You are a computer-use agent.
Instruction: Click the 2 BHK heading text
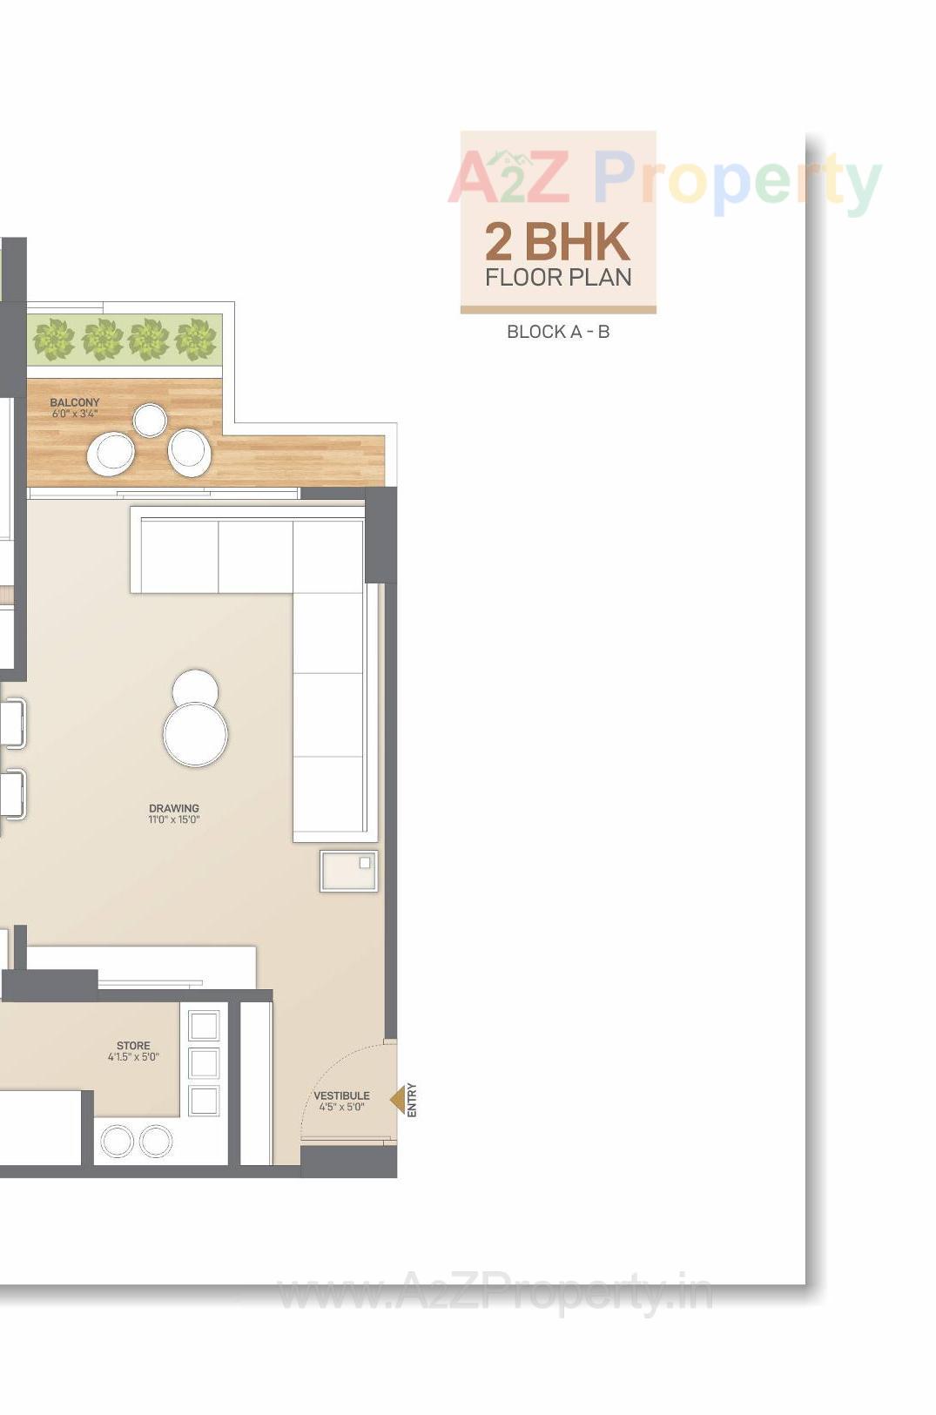point(557,242)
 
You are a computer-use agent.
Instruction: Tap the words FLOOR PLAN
point(558,278)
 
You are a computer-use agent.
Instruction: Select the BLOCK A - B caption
point(558,332)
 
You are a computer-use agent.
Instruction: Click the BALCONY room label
point(75,402)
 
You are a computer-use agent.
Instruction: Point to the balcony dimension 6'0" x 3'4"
point(75,414)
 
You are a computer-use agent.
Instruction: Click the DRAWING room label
point(174,808)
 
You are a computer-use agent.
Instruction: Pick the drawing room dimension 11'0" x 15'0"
point(174,819)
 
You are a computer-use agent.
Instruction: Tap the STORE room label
point(133,1046)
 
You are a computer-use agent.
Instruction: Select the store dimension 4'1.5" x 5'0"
point(133,1057)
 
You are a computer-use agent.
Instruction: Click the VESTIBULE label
point(341,1095)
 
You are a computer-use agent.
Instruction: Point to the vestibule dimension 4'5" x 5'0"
point(341,1107)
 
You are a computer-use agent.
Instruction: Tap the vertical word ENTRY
point(412,1100)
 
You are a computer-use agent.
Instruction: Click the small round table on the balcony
point(150,420)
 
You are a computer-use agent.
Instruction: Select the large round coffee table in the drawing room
point(196,734)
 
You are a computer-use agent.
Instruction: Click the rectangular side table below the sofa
point(348,871)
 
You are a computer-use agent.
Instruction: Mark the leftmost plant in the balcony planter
point(54,339)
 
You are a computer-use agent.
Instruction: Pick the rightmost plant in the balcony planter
point(195,339)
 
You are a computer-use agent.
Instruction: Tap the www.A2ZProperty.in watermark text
point(495,1293)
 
